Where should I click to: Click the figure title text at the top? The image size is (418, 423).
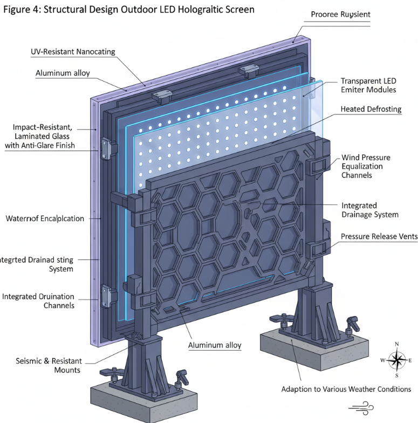128,10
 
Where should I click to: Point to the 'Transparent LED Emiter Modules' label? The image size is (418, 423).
368,85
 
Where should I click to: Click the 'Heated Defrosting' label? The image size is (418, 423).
371,109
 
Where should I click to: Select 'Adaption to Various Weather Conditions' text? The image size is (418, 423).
346,389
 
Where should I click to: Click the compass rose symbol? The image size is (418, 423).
396,360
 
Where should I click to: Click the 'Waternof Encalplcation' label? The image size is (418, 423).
45,219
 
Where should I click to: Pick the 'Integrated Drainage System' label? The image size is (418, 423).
370,210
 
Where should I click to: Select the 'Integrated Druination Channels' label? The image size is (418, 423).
39,301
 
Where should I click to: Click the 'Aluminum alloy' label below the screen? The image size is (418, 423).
215,345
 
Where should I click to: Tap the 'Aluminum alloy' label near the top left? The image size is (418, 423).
63,73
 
